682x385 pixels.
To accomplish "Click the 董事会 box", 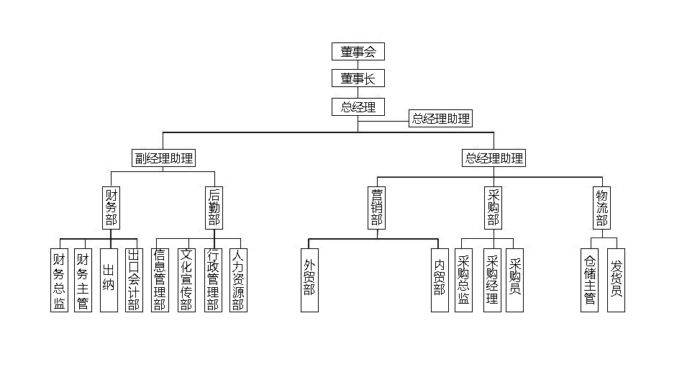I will pos(358,52).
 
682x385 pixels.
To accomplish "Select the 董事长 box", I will pos(358,78).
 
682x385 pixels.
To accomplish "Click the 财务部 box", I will pos(112,208).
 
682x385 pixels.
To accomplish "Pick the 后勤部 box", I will pos(214,208).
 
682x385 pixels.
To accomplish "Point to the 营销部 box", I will pos(377,208).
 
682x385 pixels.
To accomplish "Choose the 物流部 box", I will pos(602,208).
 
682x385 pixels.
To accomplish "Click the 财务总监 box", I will pos(60,280).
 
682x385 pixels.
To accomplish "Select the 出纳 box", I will pos(109,280).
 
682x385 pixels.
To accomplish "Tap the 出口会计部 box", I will pos(133,280).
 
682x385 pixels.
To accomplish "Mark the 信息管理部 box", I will pos(160,280).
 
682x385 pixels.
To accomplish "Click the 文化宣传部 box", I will pos(186,280).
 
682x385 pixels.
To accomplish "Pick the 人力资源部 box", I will pos(238,280).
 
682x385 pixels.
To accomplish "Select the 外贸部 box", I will pos(309,280).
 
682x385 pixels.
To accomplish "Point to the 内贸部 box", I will pos(440,280).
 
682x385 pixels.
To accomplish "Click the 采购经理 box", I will pos(492,280).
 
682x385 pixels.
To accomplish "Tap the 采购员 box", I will pos(514,280).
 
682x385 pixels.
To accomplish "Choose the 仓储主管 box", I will pos(590,280).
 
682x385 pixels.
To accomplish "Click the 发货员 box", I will pos(616,280).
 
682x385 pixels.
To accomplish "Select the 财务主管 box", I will pos(83,280).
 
